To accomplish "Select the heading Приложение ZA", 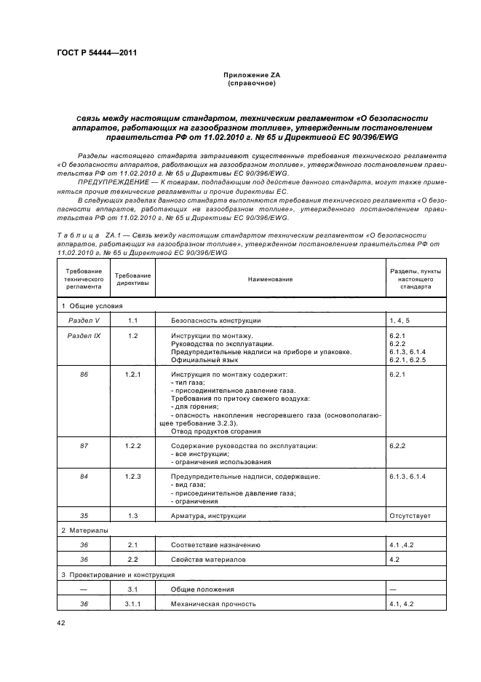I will [x=239, y=76].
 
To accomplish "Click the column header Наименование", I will [x=270, y=279].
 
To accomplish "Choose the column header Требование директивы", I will [x=133, y=279].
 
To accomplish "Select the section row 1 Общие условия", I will [x=92, y=306].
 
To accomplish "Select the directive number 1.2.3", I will [x=133, y=477].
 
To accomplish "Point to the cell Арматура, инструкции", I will [x=208, y=516].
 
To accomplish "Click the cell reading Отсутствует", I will [x=410, y=516].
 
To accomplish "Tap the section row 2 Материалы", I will [x=84, y=530].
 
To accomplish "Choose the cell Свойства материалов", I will [x=208, y=560].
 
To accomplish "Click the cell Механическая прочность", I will [x=212, y=604].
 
